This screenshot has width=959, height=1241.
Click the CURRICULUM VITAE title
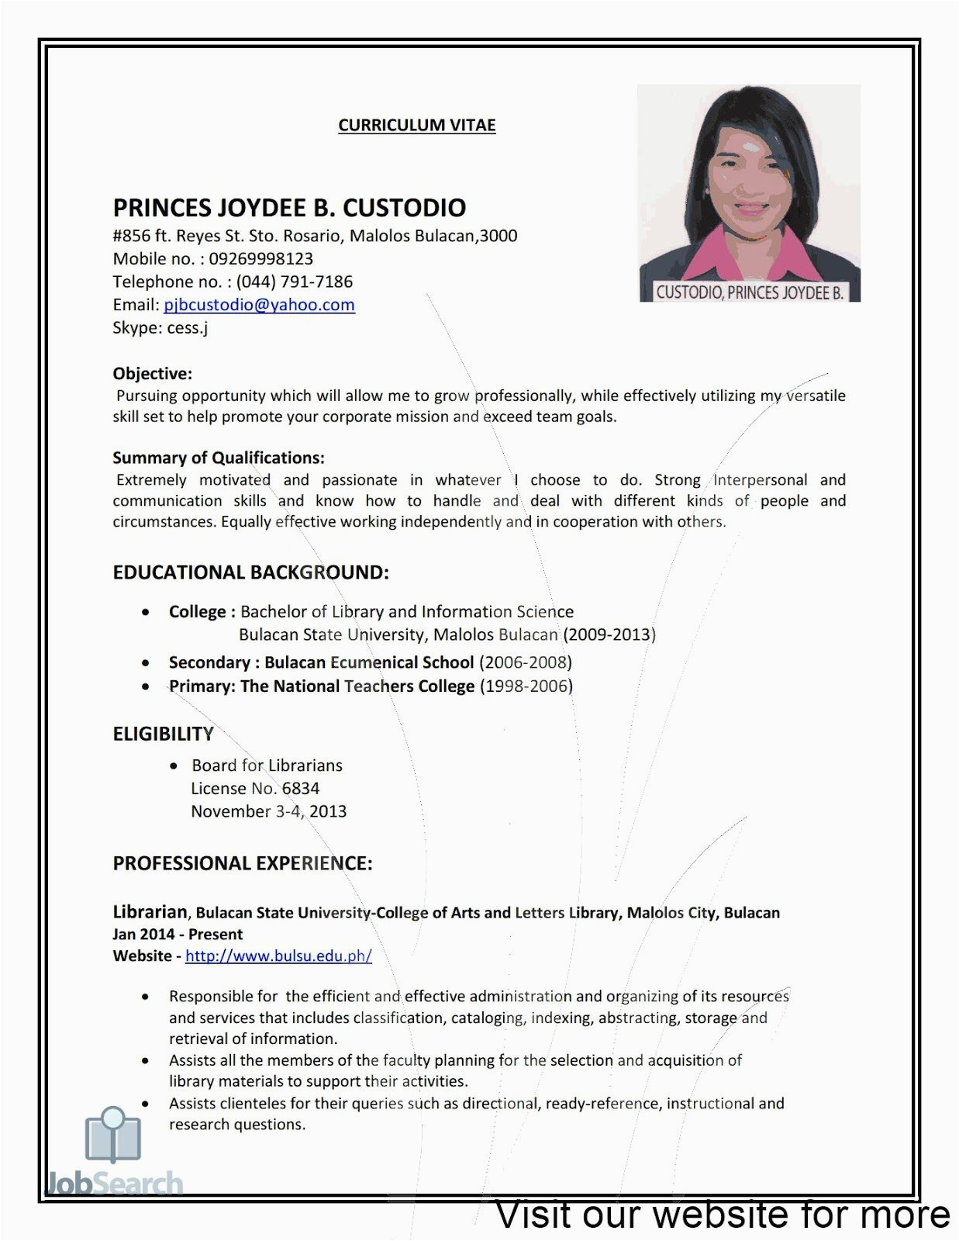click(416, 125)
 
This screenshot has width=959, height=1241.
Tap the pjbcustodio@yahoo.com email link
click(259, 305)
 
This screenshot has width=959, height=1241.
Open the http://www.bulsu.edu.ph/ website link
click(278, 956)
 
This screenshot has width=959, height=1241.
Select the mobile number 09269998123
click(260, 258)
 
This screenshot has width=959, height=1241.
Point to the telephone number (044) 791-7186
click(294, 282)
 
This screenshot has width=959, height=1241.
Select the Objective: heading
click(152, 374)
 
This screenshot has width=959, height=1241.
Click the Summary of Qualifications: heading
click(218, 458)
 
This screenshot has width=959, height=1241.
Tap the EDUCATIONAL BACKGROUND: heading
click(250, 572)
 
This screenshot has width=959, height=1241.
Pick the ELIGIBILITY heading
click(163, 734)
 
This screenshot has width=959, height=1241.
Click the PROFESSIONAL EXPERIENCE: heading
click(243, 863)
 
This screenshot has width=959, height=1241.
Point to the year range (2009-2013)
click(609, 634)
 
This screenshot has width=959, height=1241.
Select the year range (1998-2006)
click(526, 686)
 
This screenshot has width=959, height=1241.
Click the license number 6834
click(301, 788)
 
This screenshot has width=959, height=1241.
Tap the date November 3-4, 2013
click(268, 811)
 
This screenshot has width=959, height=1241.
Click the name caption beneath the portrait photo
click(749, 292)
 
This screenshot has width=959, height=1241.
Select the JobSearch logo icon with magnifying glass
click(113, 1136)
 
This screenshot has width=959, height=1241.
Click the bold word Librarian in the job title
click(150, 912)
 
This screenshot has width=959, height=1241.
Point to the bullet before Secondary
click(146, 663)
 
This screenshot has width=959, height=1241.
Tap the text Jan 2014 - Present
click(178, 934)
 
